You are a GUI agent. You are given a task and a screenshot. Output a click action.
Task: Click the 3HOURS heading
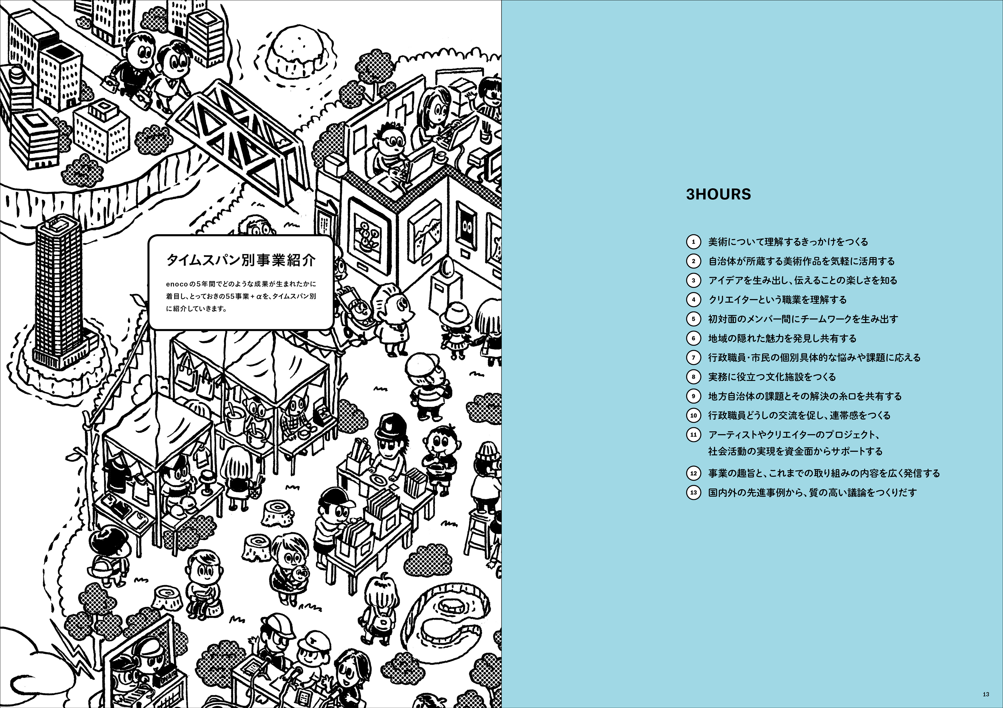718,194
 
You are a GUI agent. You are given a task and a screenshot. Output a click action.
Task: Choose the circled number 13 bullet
693,493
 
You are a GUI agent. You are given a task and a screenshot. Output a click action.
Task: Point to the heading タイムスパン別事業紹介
241,260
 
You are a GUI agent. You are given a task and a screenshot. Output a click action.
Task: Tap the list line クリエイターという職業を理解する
777,300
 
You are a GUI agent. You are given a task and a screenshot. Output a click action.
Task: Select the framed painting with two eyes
467,227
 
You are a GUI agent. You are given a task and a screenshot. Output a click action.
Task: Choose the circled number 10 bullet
693,415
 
